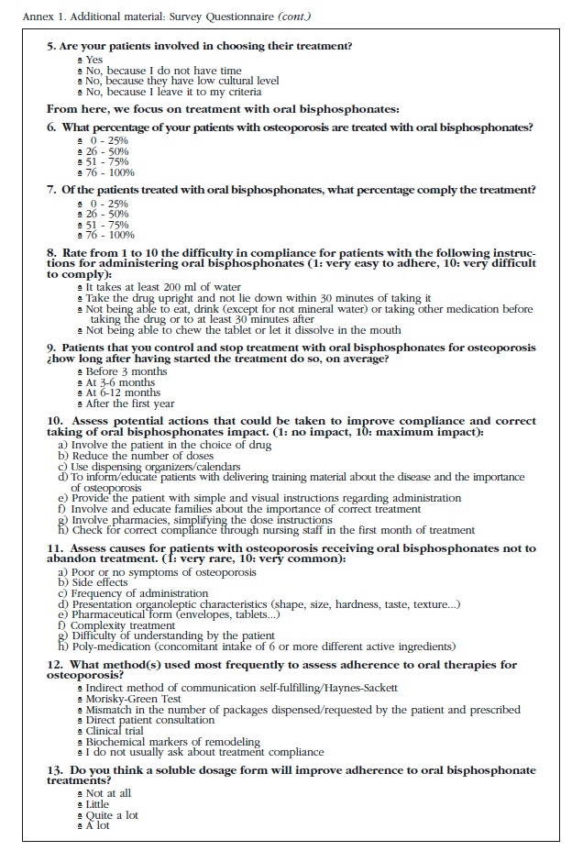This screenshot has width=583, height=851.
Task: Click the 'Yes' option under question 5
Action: click(94, 61)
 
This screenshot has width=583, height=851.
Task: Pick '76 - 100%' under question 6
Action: click(111, 171)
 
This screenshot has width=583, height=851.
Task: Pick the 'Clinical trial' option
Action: click(117, 731)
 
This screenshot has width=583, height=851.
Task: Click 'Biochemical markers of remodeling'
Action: click(171, 742)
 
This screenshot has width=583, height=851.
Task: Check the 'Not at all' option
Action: click(108, 793)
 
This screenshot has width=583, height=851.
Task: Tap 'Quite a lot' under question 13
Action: click(112, 814)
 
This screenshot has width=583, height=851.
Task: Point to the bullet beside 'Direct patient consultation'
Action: click(81, 721)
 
